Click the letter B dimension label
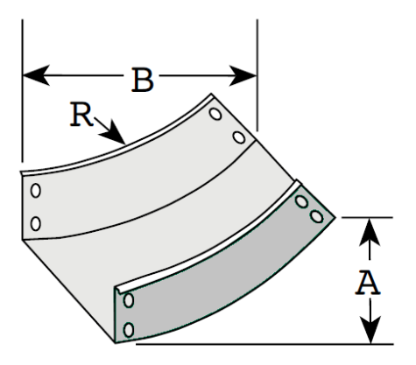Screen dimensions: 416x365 tap(143, 80)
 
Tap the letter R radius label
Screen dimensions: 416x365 tap(81, 114)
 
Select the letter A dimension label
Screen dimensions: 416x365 tap(368, 282)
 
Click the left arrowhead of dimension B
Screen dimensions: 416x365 tap(36, 75)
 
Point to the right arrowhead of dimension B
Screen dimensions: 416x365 tap(243, 76)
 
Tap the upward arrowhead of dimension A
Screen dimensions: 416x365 tap(370, 231)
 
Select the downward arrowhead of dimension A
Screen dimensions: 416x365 tap(370, 330)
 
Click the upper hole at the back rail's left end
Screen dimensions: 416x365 tap(36, 191)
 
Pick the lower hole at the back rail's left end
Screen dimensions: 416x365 tap(36, 223)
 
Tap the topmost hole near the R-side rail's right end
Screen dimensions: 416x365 tap(215, 114)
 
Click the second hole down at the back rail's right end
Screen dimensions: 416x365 tap(239, 137)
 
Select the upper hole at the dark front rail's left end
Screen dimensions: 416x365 tap(129, 300)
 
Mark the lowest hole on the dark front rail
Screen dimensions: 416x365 tap(129, 330)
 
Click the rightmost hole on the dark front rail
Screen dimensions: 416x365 tap(317, 216)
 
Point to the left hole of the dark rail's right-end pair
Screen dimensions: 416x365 tap(301, 201)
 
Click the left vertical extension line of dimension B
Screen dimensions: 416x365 tap(22, 91)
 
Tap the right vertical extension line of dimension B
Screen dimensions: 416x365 tap(257, 75)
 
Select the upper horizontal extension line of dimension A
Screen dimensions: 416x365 tap(367, 217)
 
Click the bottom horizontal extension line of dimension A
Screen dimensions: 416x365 tap(264, 344)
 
